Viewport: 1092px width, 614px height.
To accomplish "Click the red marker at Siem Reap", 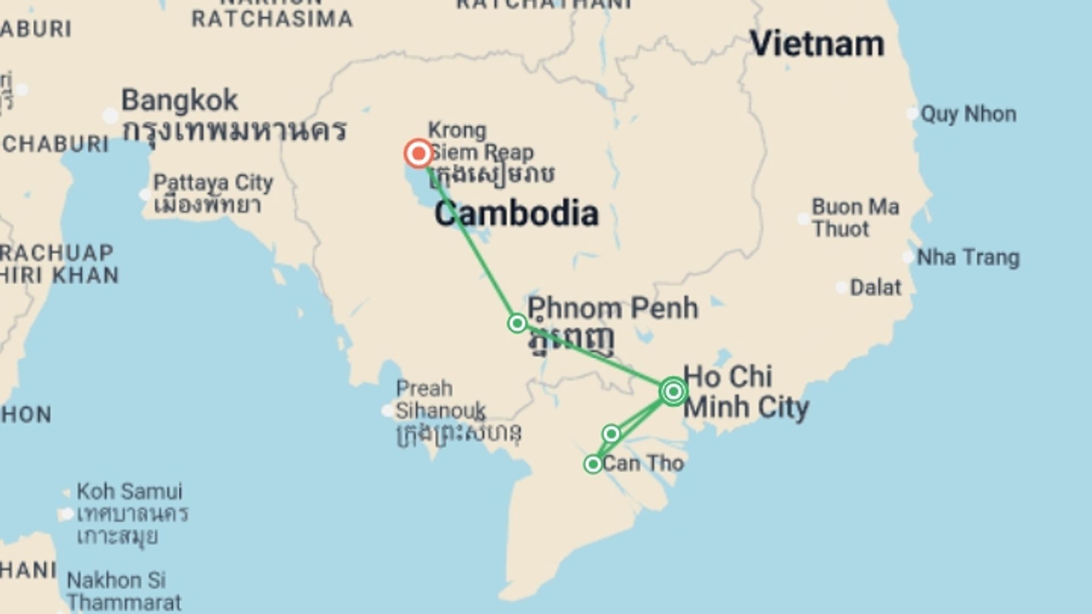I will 419,153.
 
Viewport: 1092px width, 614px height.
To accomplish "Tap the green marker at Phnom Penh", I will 517,323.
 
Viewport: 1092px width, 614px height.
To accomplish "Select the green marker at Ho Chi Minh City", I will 673,392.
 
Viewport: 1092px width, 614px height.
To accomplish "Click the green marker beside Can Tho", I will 593,464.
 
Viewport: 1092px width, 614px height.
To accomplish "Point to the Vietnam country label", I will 817,44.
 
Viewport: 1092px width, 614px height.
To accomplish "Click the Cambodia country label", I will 516,214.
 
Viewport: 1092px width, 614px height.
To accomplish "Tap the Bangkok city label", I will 180,101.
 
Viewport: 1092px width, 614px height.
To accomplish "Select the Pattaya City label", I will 213,183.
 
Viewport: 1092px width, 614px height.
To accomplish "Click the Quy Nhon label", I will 968,114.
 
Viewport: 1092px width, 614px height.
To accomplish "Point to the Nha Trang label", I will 968,258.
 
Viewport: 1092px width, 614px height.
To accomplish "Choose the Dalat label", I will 875,288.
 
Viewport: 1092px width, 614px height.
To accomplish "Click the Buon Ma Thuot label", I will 855,218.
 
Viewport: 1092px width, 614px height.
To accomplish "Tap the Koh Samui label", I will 130,491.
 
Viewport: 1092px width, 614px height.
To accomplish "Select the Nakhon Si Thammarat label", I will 123,591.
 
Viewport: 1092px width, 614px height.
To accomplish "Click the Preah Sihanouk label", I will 440,400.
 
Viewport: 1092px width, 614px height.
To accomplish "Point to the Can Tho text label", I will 643,463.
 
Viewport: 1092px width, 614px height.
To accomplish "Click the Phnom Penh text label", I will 613,308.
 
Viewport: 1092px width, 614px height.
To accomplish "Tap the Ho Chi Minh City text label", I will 745,392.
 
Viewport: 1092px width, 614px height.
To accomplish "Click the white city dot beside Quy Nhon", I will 912,114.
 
